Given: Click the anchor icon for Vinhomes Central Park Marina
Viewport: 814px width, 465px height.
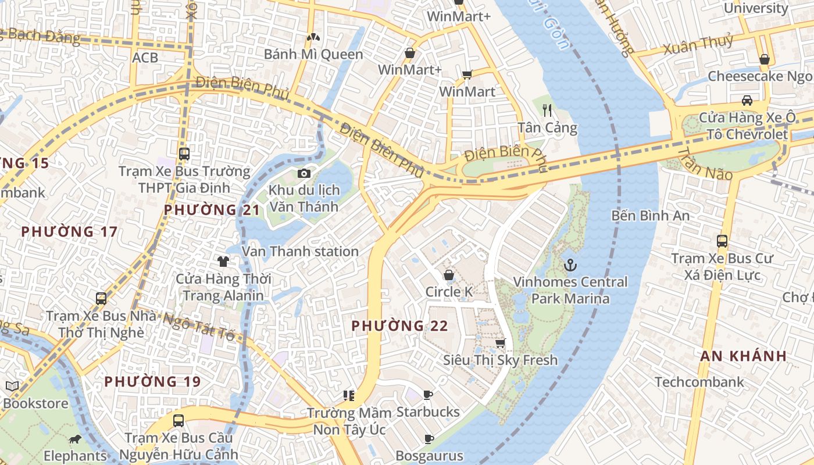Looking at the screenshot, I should coord(570,265).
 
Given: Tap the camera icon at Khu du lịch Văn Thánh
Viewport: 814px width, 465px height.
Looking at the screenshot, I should coord(304,173).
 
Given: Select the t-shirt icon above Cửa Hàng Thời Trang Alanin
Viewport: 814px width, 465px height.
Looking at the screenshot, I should coord(223,262).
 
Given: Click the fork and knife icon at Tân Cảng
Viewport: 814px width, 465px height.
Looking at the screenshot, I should coord(547,110).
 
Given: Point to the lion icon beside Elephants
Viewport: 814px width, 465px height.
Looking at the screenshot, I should coord(74,439).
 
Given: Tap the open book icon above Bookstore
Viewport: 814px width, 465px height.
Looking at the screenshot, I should coord(12,386).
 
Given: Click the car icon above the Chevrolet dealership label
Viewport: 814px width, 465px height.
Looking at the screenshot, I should coord(747,100).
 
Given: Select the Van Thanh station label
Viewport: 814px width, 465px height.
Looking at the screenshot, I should coord(300,251).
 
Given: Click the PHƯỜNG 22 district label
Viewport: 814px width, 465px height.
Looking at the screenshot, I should coord(400,325).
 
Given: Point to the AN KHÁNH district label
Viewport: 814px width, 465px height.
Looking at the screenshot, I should coord(744,356).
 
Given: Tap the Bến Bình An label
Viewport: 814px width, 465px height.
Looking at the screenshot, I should coord(651,216).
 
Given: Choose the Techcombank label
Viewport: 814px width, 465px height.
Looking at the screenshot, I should coord(699,382).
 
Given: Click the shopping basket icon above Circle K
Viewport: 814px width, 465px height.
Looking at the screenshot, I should coord(449,274).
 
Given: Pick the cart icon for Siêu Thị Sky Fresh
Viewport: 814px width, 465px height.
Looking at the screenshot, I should coord(500,343).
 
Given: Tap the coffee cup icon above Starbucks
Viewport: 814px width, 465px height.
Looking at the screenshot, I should coord(428,395).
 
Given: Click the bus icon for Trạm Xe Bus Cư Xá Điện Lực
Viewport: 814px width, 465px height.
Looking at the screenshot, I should coord(722,241).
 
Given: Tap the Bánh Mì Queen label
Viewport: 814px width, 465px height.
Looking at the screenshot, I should coord(313,55).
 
